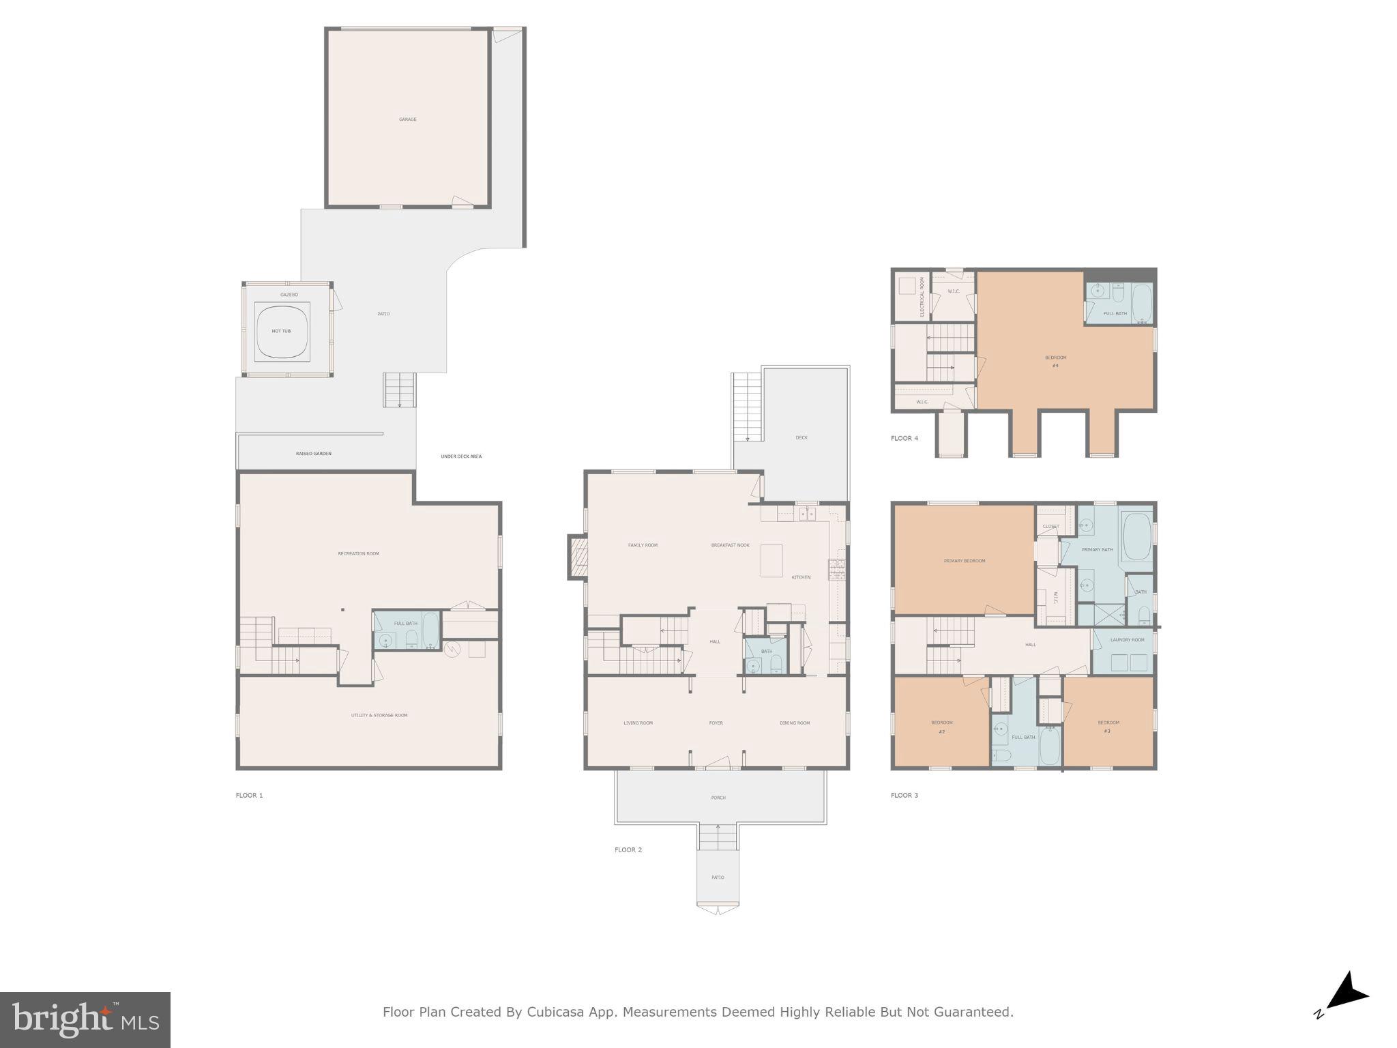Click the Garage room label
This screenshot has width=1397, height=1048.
click(407, 119)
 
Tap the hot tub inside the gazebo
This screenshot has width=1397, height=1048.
click(282, 331)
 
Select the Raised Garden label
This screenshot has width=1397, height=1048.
click(313, 454)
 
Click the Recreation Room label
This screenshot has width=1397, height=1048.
click(358, 553)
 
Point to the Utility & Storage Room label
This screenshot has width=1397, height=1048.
click(379, 715)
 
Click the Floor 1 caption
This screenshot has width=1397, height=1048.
click(249, 795)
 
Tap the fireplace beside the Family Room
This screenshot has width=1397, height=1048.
click(578, 557)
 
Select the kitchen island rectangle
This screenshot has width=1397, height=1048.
click(771, 560)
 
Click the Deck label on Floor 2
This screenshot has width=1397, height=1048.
click(801, 437)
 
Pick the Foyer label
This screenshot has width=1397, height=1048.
click(716, 723)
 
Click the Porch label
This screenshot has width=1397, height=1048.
click(718, 797)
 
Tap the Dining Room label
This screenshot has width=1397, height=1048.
click(794, 723)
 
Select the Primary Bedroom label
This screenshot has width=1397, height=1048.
click(964, 561)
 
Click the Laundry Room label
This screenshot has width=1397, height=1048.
click(1127, 639)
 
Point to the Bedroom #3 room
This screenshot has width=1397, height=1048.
click(1108, 726)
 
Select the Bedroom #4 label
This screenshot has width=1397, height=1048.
click(1055, 361)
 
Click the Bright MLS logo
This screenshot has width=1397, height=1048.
click(85, 1019)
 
